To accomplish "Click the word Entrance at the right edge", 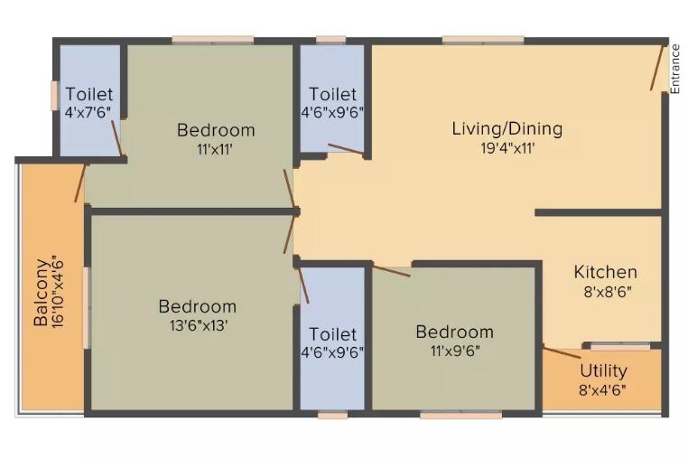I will (674, 69).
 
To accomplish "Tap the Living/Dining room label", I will (507, 128).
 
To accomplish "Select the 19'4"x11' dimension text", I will (507, 148).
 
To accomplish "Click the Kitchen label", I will (606, 272).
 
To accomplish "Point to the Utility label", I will (603, 370).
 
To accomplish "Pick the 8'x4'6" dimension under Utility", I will (603, 390).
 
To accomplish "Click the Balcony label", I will (41, 293).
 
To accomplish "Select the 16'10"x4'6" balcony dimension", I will (59, 293).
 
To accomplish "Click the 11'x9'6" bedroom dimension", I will (454, 351).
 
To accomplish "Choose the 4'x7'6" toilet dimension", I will (88, 113).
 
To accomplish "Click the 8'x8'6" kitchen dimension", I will (606, 292).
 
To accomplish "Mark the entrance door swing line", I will (657, 69).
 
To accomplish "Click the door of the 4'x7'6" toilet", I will (116, 138).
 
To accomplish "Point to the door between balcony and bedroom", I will (80, 183).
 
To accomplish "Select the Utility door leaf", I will (562, 352).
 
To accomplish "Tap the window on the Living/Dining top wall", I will (482, 40).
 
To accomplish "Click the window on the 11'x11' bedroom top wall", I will (213, 40).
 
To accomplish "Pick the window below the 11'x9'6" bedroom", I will (460, 416).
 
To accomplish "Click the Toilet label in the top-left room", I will (88, 94).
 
